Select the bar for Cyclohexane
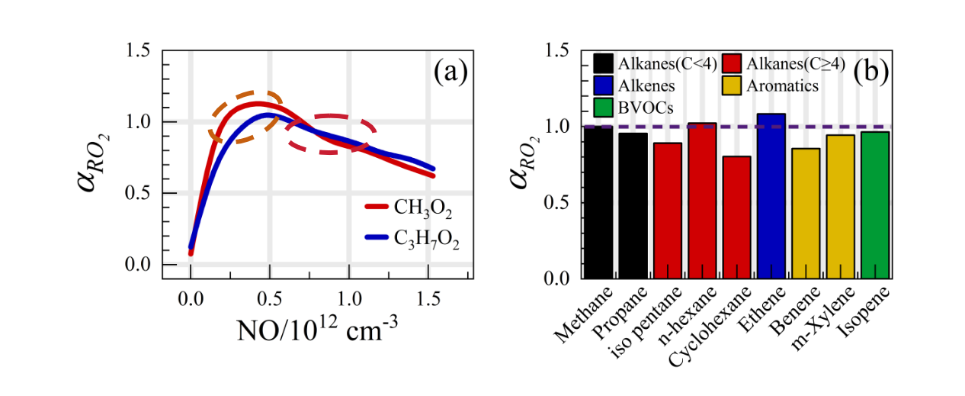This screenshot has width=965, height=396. pos(738,217)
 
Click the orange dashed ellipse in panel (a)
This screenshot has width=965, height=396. pos(245,117)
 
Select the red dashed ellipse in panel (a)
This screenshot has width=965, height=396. pos(331,134)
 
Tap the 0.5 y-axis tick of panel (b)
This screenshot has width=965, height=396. pos(561,203)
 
